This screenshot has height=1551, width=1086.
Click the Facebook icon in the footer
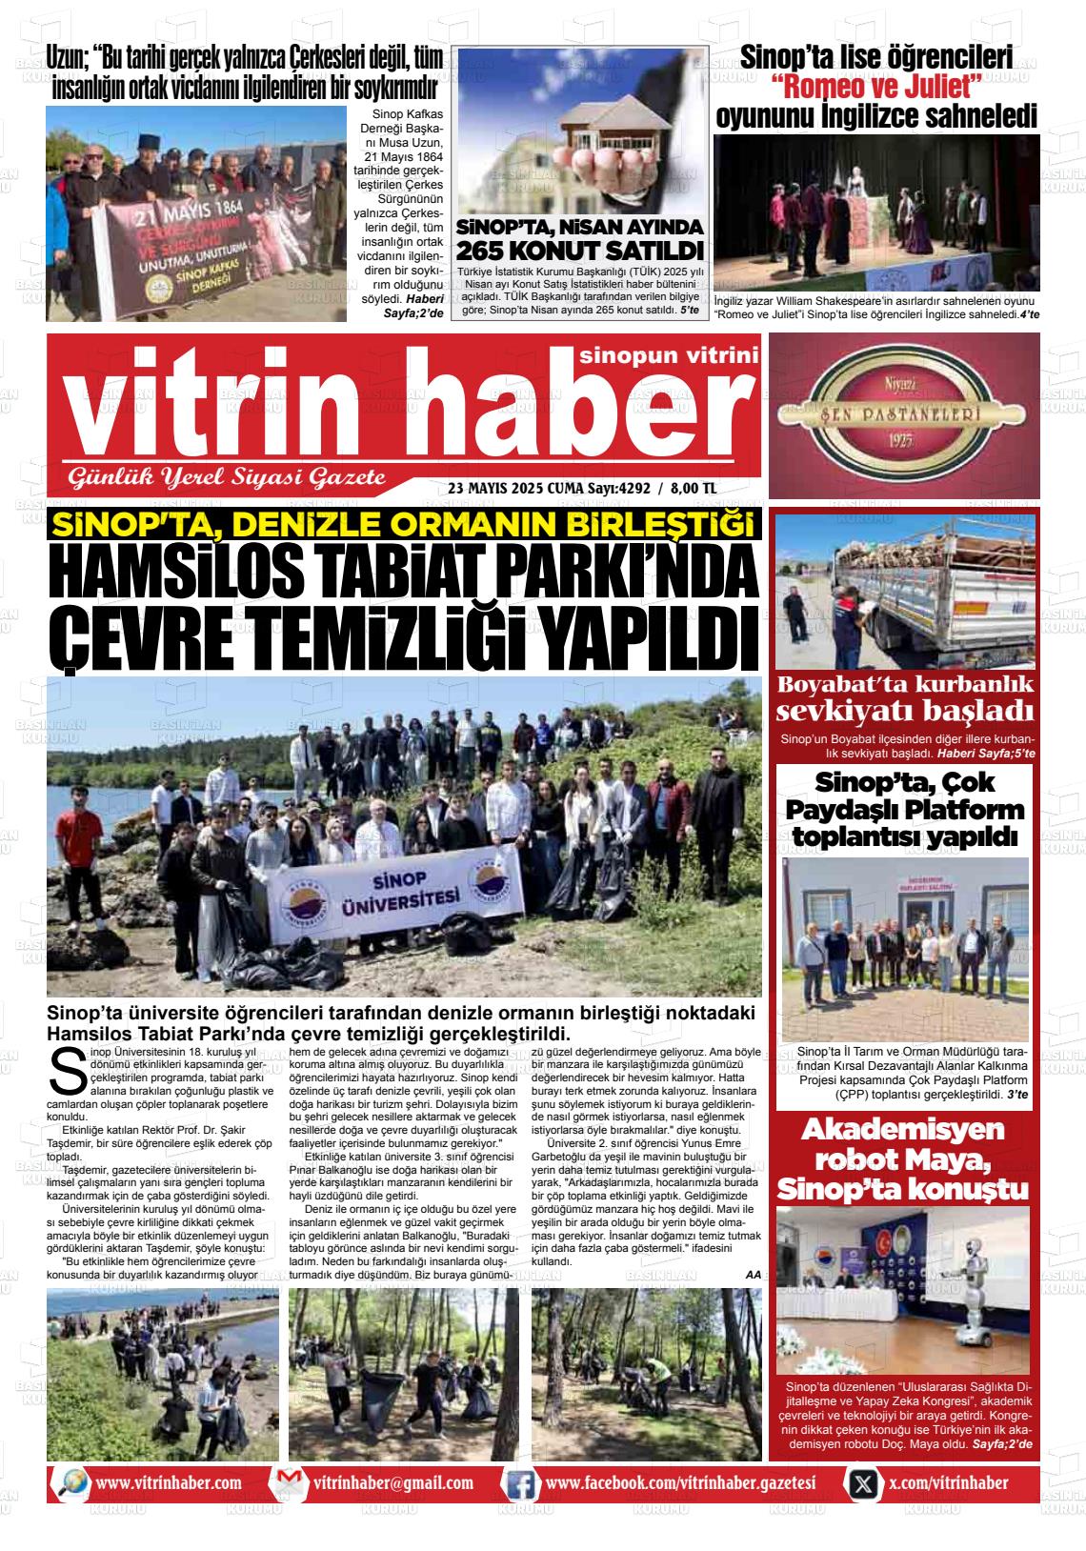click(520, 1483)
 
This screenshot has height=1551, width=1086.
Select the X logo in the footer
click(863, 1483)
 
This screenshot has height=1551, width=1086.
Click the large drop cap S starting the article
click(65, 1071)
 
